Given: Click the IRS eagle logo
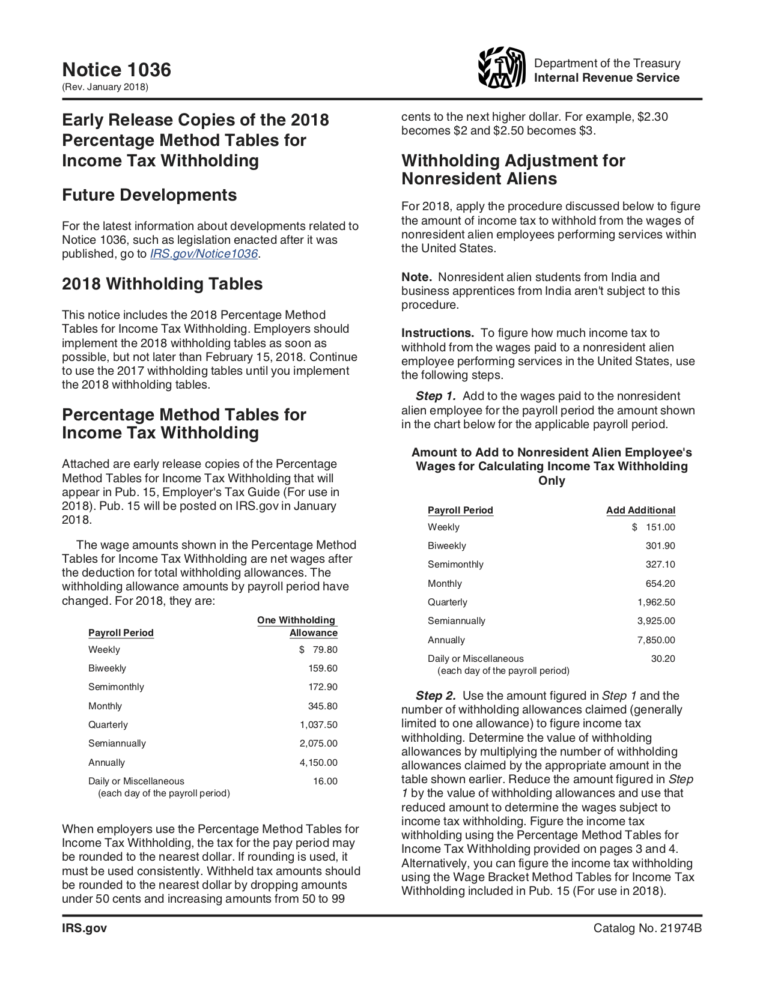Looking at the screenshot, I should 501,68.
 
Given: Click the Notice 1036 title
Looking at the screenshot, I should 117,70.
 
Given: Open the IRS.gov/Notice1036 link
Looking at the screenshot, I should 204,253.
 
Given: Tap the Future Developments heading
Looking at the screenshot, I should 149,195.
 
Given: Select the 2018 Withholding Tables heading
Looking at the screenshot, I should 162,283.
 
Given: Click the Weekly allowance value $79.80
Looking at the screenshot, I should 319,649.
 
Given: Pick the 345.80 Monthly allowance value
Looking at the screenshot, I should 323,706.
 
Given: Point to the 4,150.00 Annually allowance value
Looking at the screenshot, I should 318,762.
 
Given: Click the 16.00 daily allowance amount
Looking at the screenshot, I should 325,781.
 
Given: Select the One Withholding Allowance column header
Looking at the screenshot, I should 297,626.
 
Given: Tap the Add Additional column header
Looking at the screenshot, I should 640,510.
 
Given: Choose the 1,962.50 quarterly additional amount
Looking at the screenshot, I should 656,602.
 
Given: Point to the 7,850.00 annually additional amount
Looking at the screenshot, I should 656,640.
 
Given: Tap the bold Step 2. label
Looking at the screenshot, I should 436,696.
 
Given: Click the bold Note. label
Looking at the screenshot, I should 416,277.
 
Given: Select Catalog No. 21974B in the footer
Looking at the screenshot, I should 647,928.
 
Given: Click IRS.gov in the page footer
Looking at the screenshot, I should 84,928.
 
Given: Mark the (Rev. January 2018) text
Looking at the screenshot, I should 105,87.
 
